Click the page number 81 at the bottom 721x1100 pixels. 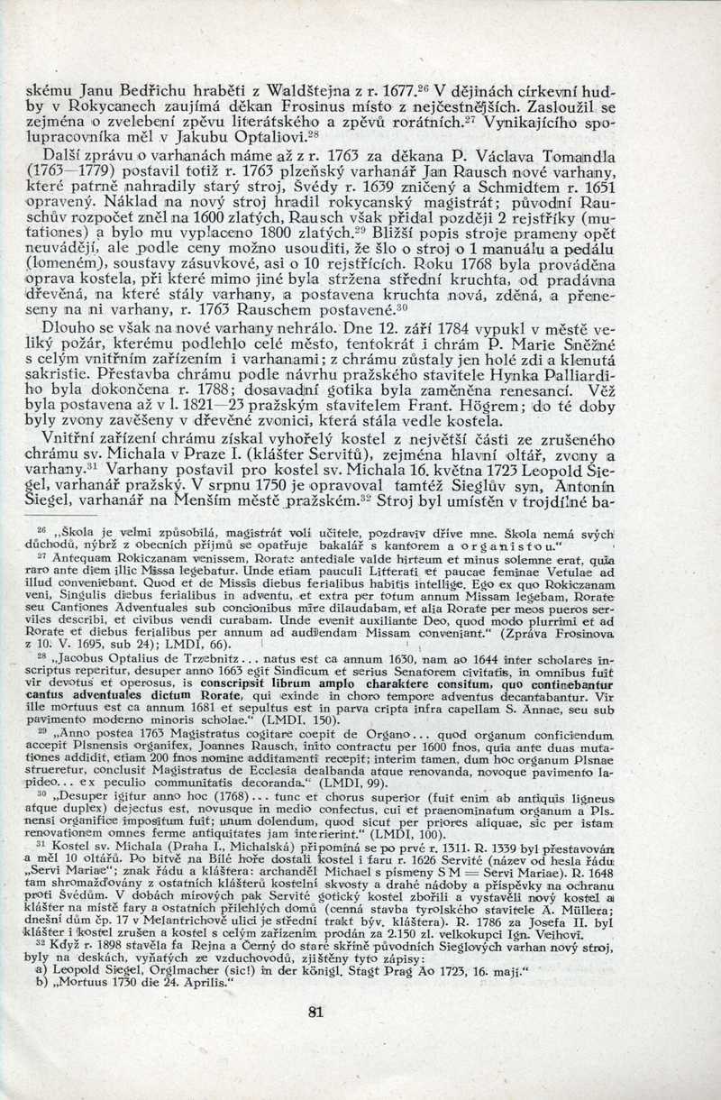(x=315, y=1012)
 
